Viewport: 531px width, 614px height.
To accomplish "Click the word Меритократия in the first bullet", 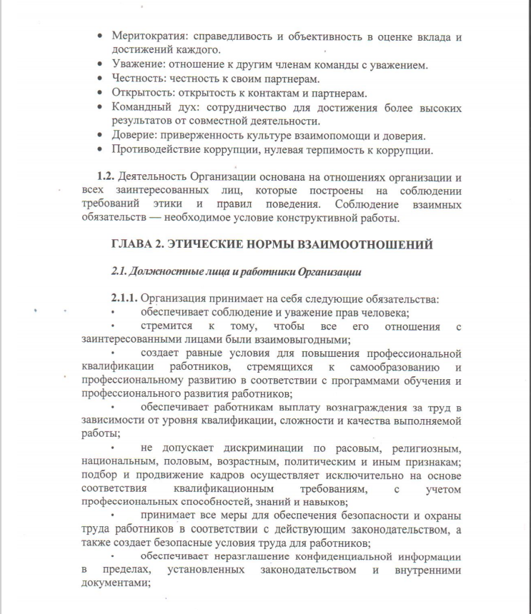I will click(x=151, y=36).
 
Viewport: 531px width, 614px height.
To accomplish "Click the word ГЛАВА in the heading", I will click(x=134, y=245).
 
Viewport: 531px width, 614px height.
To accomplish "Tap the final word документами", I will click(x=114, y=583).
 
